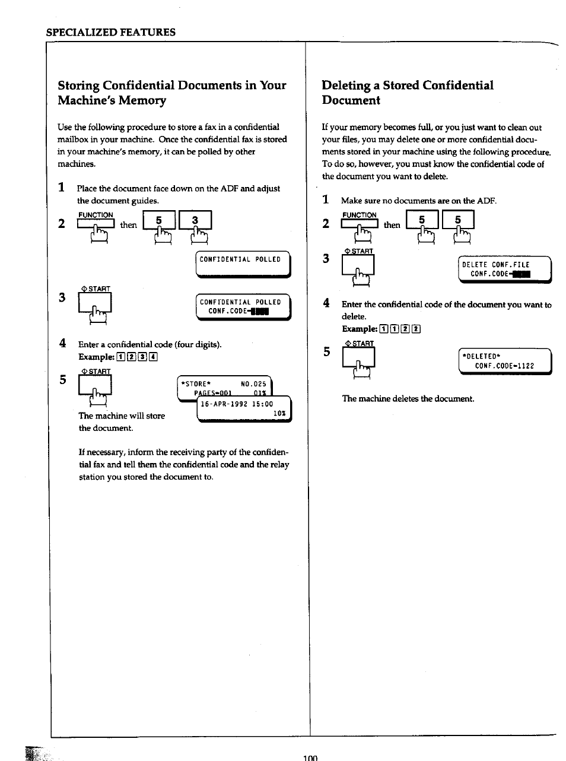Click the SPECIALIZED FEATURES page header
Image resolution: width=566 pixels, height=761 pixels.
point(111,32)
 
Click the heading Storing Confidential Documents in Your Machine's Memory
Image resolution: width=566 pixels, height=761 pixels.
point(172,93)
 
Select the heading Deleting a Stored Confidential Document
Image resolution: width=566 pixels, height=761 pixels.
point(407,93)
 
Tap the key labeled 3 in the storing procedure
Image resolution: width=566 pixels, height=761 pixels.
point(195,221)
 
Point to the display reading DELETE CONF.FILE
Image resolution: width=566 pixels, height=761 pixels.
point(505,269)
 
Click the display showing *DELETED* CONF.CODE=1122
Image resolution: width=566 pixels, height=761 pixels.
point(505,361)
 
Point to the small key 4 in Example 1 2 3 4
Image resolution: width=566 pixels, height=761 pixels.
point(154,357)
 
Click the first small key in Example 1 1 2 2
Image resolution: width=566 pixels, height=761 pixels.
point(383,329)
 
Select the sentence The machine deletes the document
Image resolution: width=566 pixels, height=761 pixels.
point(408,399)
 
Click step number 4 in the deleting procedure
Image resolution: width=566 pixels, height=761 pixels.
point(326,303)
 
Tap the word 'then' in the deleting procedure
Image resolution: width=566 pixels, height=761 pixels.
point(392,225)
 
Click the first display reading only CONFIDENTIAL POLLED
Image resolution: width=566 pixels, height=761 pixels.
point(243,263)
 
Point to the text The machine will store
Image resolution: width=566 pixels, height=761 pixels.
point(122,416)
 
